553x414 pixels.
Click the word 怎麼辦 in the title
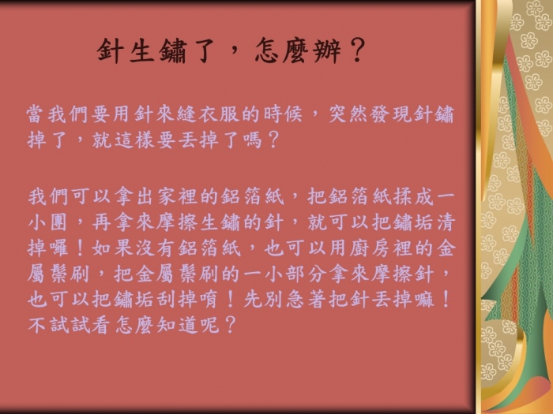(x=298, y=51)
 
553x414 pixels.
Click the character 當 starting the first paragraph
(x=36, y=114)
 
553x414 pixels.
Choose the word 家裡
(x=176, y=196)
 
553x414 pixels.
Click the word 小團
(x=47, y=222)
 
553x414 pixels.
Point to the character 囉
(x=58, y=248)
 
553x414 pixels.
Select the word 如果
(x=112, y=248)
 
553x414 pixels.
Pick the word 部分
(x=306, y=274)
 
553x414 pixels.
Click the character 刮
(x=165, y=300)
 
